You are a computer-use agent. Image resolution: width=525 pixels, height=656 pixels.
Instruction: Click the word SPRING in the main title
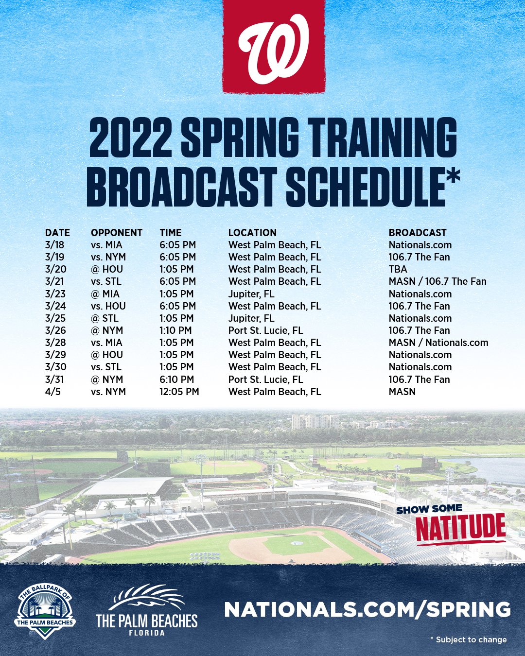240,138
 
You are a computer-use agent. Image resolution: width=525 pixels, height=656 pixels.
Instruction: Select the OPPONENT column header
117,233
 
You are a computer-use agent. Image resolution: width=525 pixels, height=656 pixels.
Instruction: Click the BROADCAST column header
418,233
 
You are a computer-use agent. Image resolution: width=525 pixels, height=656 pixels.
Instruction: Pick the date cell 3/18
54,245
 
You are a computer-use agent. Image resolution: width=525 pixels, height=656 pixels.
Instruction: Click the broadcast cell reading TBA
398,269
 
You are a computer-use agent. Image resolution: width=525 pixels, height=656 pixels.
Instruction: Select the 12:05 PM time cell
179,392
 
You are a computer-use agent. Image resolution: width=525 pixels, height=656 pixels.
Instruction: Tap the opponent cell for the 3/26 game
107,330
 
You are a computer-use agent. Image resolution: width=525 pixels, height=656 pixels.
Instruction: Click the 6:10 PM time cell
176,380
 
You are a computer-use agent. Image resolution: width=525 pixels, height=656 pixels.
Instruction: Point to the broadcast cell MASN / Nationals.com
438,343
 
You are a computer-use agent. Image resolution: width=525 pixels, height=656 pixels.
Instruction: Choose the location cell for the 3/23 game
251,294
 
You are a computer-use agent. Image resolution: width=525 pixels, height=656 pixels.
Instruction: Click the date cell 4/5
52,392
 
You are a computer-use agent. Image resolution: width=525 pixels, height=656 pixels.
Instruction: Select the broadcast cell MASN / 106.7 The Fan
437,281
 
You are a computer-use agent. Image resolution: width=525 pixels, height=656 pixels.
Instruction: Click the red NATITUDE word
460,528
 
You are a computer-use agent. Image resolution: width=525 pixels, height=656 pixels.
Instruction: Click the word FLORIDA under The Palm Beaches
146,633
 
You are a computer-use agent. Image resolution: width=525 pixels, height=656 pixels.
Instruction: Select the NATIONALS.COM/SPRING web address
367,609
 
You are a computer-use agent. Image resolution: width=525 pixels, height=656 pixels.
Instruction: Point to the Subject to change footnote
469,639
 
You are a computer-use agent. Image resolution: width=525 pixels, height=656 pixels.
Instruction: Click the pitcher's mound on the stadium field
296,543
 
